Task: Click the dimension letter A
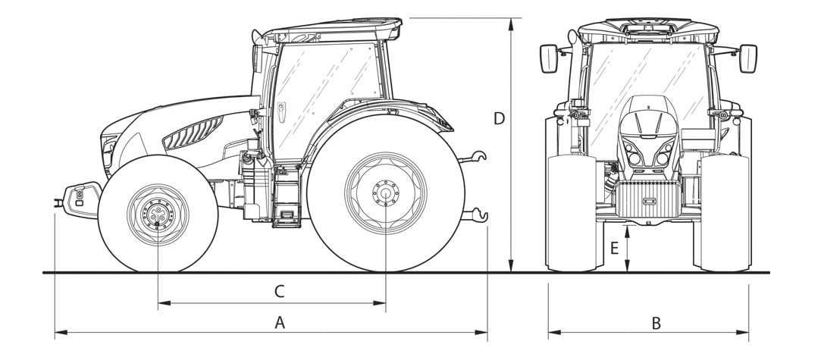point(279,323)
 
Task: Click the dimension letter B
point(656,323)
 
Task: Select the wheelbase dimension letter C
point(279,290)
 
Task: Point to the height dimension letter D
point(499,118)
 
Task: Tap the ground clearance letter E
point(614,248)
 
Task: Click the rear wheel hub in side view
point(385,193)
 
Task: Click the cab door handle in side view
point(281,110)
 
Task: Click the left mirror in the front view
point(549,58)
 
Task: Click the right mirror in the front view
point(747,58)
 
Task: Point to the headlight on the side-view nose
point(108,146)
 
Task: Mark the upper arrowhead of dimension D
point(512,22)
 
